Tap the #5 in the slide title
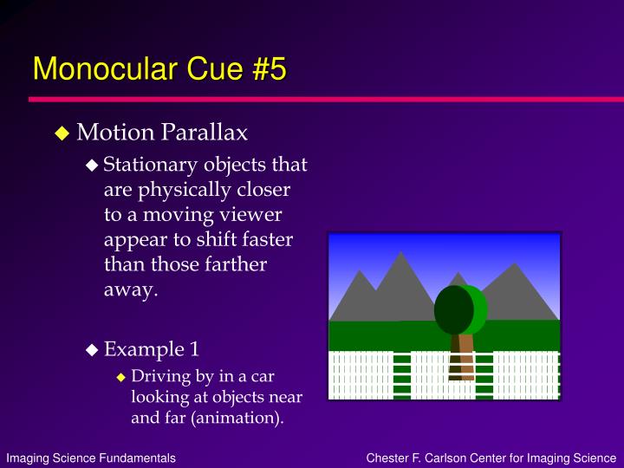tap(270, 68)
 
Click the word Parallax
tap(205, 132)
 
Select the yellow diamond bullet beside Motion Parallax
tap(62, 133)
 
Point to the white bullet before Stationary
tap(92, 165)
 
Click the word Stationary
tap(151, 165)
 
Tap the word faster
tap(268, 239)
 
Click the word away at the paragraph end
tap(131, 289)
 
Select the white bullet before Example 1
tap(92, 349)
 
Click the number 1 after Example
tap(194, 349)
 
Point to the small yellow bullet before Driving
tap(121, 377)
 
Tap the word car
tap(263, 376)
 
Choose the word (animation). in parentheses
tap(237, 418)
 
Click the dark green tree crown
tap(454, 309)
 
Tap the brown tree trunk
tap(463, 357)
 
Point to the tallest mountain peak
tap(400, 252)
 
